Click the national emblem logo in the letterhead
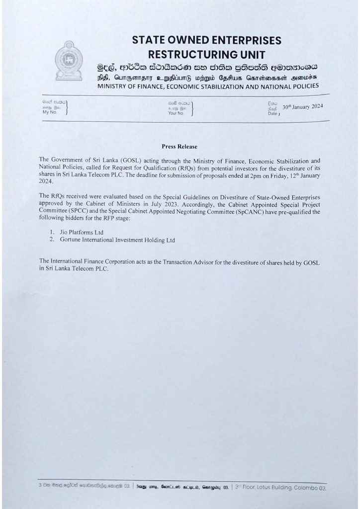(x=69, y=61)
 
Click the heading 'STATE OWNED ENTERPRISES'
(x=206, y=40)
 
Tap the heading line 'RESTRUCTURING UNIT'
(x=206, y=54)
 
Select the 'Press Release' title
(x=180, y=147)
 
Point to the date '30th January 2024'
(x=303, y=107)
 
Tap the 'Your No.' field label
(x=176, y=113)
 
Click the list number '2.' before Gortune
(x=52, y=240)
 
